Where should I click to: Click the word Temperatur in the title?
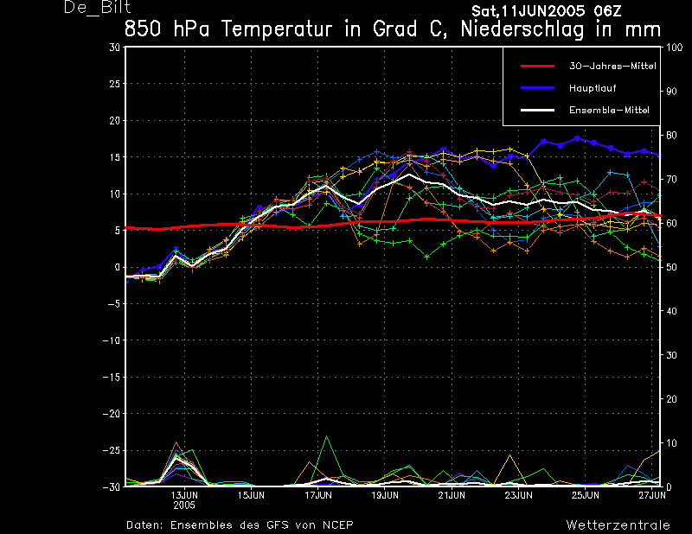276,29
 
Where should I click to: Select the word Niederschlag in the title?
522,30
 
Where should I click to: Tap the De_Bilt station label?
97,8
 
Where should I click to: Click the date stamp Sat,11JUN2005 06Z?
547,11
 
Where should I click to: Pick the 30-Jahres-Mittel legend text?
612,67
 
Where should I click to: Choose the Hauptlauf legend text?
593,88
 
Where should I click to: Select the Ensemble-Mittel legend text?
609,111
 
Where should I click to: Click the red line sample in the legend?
537,67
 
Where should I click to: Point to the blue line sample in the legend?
537,88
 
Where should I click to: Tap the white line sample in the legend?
537,110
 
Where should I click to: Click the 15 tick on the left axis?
114,157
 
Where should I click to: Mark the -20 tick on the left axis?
112,414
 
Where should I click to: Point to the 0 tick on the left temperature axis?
117,267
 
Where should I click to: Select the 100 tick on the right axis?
674,48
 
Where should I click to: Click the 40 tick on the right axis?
671,311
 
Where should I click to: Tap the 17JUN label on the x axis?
318,495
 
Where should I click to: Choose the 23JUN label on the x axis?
518,495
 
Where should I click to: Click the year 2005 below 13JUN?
184,505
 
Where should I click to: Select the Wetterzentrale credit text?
618,525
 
